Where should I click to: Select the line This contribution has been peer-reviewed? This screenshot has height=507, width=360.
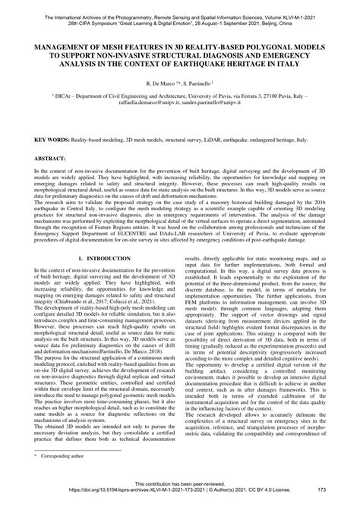(180, 492)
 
